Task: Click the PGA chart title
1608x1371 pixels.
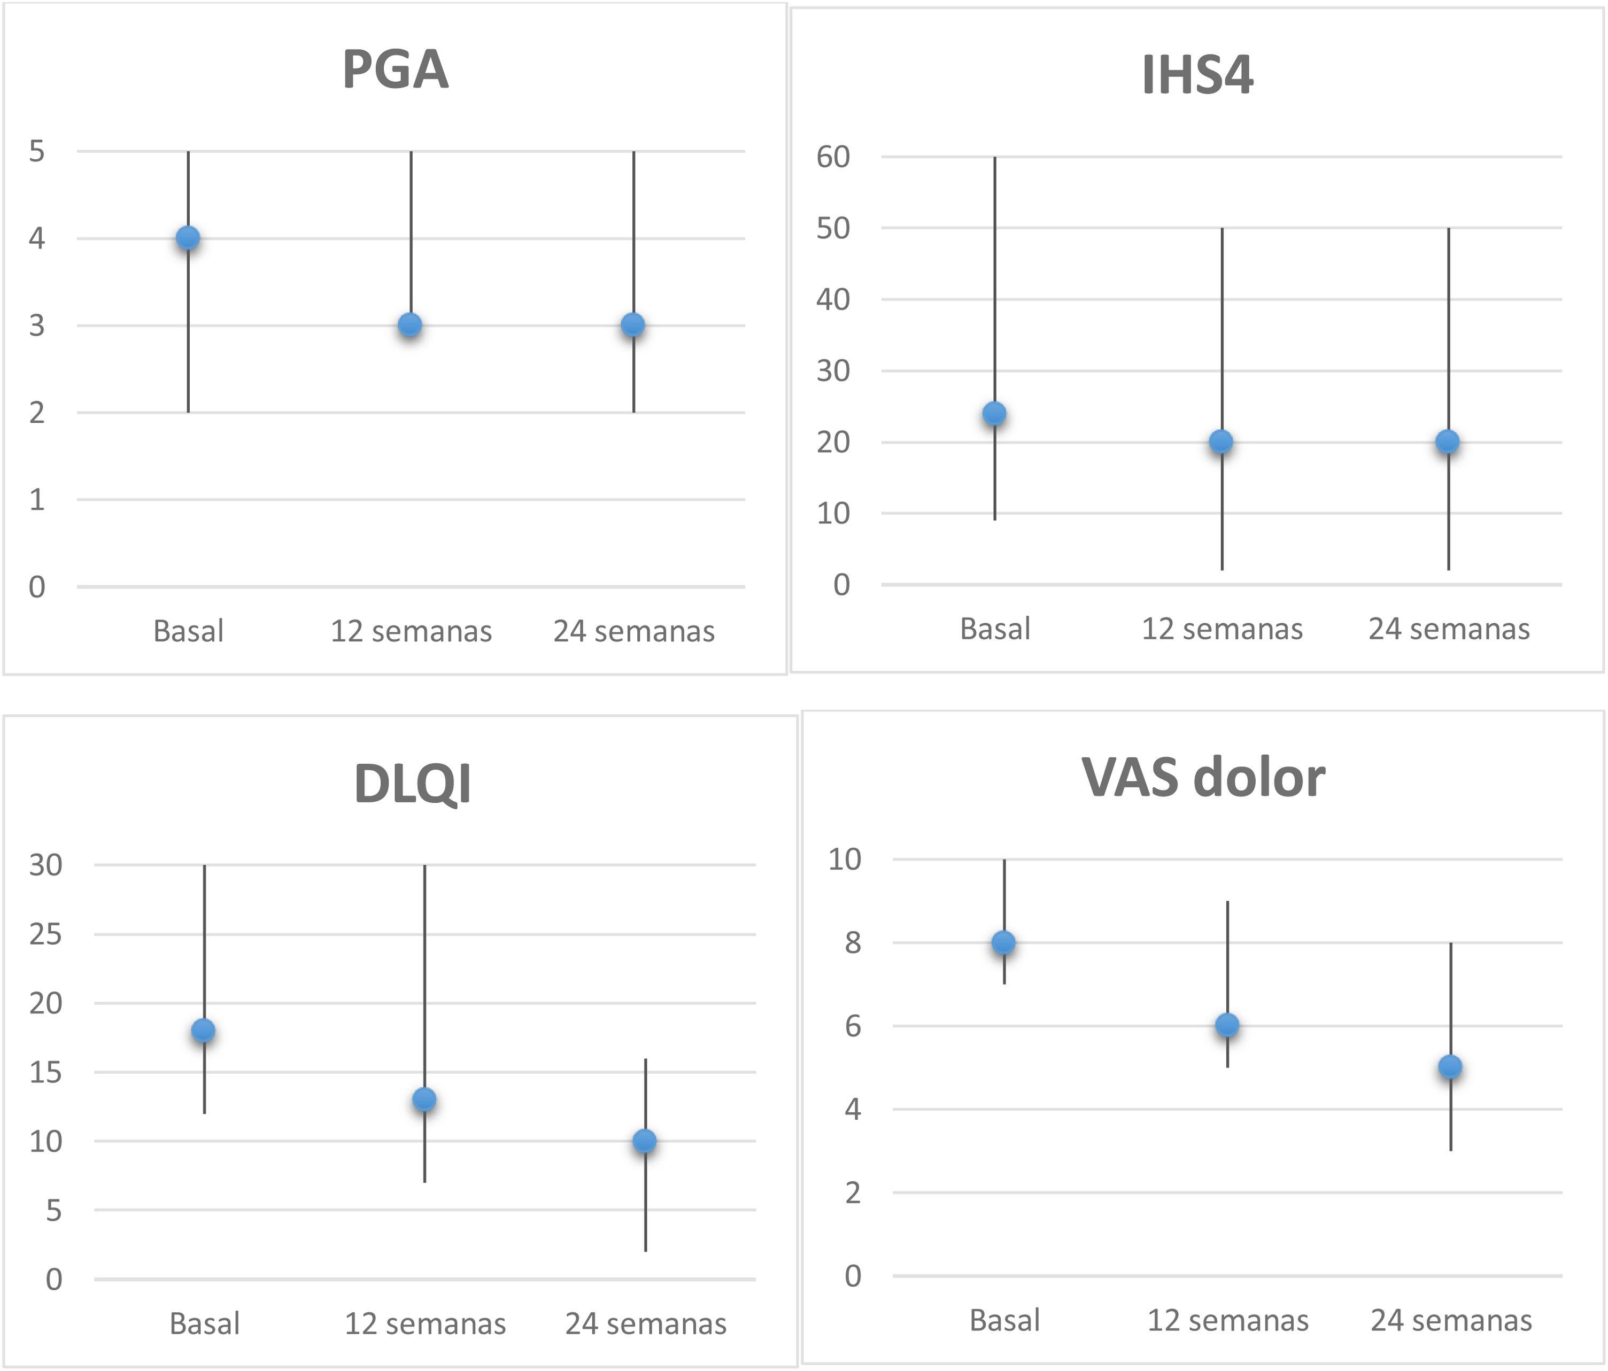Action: pos(395,70)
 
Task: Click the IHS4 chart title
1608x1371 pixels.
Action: pos(1197,75)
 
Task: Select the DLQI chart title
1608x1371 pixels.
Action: pos(412,784)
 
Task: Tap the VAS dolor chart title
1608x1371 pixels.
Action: pos(1203,778)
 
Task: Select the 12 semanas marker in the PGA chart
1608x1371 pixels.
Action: pos(411,324)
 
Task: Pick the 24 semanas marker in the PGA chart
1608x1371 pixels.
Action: pos(633,324)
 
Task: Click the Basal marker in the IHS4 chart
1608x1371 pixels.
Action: pos(994,414)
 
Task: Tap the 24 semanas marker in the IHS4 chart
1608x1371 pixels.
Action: pos(1447,441)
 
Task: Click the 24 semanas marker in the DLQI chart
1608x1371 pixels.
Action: pos(645,1141)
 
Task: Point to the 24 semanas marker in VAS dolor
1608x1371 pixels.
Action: pos(1450,1067)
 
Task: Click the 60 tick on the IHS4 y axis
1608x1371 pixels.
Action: pos(833,158)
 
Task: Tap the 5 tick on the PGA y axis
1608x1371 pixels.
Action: pos(36,151)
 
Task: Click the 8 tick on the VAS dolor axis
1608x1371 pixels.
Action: pos(852,943)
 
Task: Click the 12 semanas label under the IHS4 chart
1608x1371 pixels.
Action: pos(1222,629)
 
